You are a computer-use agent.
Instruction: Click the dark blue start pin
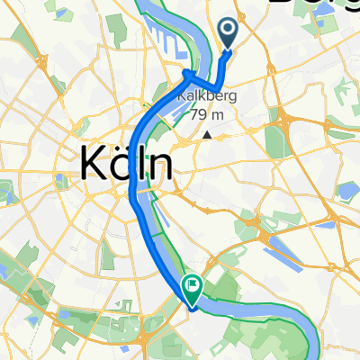pos(228,34)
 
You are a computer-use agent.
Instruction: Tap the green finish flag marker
pos(192,286)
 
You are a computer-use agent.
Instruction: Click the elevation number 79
pos(198,114)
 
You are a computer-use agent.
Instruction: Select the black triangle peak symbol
pos(208,135)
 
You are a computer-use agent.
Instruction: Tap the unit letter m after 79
pos(220,114)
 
